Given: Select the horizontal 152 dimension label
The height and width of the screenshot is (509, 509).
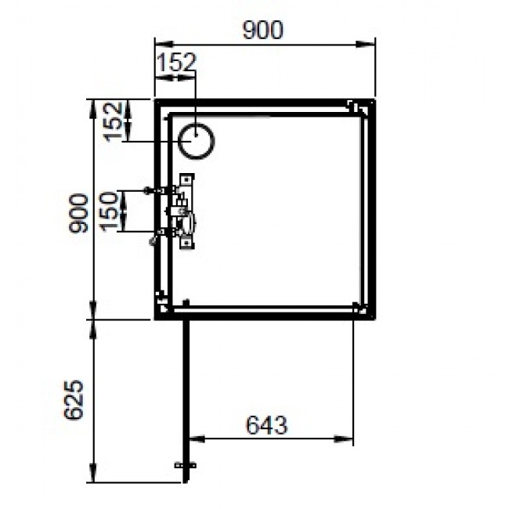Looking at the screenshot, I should click(176, 63).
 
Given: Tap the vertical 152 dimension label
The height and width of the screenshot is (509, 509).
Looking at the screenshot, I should click(115, 121).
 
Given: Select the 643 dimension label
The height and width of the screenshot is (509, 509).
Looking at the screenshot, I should click(266, 425).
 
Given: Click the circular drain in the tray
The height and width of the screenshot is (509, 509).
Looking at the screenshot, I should click(196, 141).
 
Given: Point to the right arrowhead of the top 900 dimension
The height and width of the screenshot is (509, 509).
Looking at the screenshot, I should click(374, 44).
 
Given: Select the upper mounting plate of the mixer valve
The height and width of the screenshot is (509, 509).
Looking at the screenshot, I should click(186, 182).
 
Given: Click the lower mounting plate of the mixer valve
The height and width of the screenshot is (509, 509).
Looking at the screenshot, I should click(186, 242).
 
